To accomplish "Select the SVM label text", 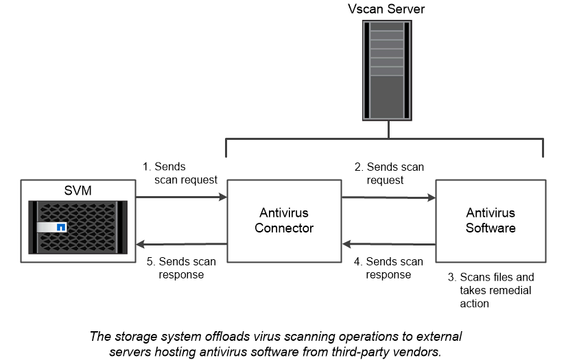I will click(x=78, y=190).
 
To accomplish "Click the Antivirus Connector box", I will click(x=284, y=221).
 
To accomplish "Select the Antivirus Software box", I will click(x=491, y=221).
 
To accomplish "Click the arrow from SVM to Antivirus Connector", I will click(x=182, y=197).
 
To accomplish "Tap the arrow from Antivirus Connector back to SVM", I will click(x=182, y=243).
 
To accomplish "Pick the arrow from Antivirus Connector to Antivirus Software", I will click(x=389, y=197).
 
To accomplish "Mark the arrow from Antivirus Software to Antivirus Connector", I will click(x=389, y=243).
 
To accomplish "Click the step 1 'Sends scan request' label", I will click(x=179, y=173).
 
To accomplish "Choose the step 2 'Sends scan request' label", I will click(x=390, y=173).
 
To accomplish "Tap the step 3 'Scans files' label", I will click(x=490, y=290).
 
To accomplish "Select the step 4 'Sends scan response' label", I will click(x=388, y=268).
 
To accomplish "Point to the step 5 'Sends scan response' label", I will click(x=179, y=268).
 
